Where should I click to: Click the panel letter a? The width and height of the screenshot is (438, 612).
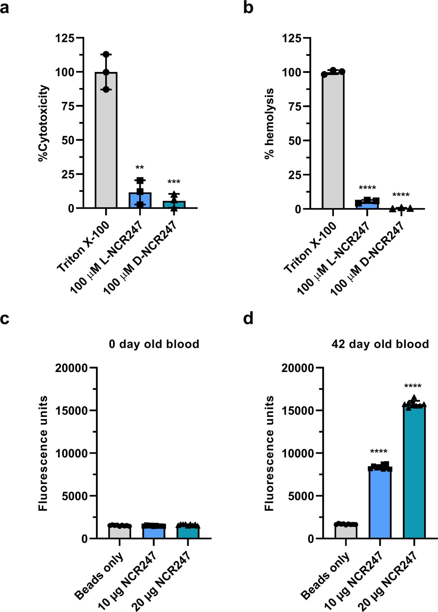(5, 8)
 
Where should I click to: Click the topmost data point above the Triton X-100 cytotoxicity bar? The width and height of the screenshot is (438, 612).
(106, 54)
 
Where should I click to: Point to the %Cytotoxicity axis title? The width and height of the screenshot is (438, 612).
(43, 123)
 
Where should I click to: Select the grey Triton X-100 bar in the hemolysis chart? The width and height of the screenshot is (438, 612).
(333, 141)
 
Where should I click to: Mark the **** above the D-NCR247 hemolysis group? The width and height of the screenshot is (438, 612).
(401, 195)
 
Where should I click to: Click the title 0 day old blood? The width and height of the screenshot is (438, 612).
(154, 344)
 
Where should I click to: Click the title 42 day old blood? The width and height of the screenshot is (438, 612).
(380, 344)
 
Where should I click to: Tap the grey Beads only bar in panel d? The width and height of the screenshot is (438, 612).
(346, 531)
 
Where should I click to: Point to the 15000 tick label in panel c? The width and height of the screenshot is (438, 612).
(72, 411)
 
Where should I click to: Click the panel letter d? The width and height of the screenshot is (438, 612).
(248, 319)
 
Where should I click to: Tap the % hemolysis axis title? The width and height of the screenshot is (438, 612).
(269, 123)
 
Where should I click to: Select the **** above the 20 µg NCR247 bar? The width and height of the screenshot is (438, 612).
(413, 386)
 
